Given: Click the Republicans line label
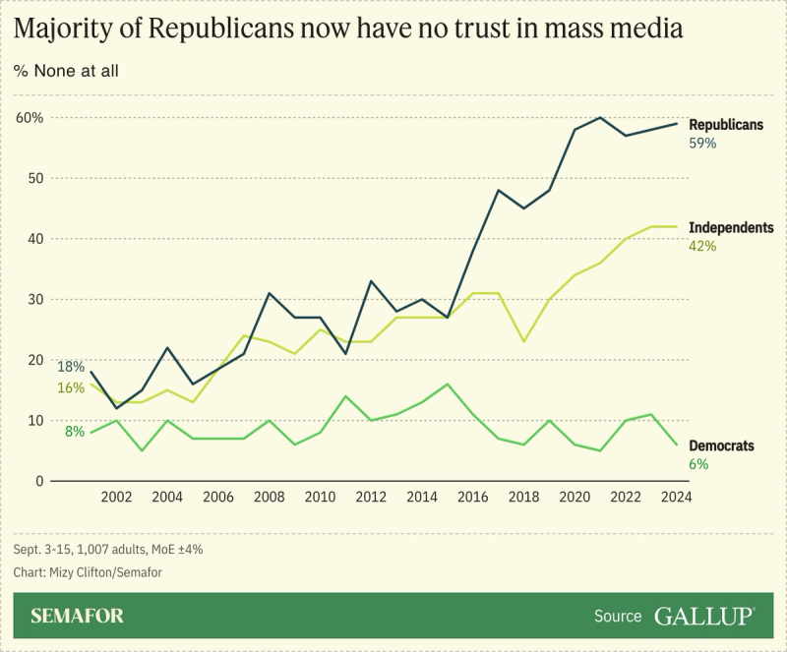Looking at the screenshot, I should [726, 125].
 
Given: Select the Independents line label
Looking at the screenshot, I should [731, 228].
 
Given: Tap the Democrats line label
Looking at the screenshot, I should [721, 445].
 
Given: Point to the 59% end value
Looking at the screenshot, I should [702, 143].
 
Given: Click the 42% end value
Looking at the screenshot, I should [702, 246].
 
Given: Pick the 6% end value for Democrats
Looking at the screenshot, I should [697, 463].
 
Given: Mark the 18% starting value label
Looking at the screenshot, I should [70, 367].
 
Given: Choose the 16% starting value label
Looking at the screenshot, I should [70, 387].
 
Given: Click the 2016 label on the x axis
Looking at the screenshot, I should [472, 498].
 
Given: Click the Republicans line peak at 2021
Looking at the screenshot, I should [600, 118].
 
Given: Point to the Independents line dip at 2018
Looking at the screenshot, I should [523, 341].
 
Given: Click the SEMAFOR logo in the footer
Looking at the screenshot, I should [77, 617].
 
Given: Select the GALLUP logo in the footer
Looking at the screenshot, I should [704, 617].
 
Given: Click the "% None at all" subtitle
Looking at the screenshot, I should [71, 71].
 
